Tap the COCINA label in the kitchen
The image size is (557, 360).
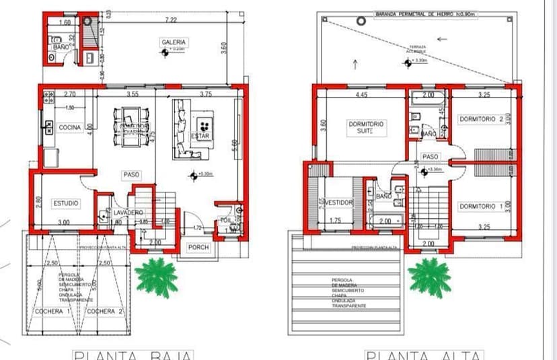pyautogui.click(x=69, y=127)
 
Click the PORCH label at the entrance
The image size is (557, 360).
pyautogui.click(x=198, y=248)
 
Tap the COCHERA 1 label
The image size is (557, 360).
pyautogui.click(x=52, y=312)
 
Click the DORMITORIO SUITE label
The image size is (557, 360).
pyautogui.click(x=365, y=128)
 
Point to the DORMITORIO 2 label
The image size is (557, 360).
pyautogui.click(x=481, y=120)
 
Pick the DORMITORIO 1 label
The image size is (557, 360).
pyautogui.click(x=481, y=206)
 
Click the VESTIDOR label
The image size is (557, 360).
pyautogui.click(x=337, y=202)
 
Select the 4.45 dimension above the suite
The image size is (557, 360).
pyautogui.click(x=361, y=95)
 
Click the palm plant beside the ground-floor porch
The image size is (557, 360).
pyautogui.click(x=155, y=275)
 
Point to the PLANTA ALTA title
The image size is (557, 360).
pyautogui.click(x=424, y=355)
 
